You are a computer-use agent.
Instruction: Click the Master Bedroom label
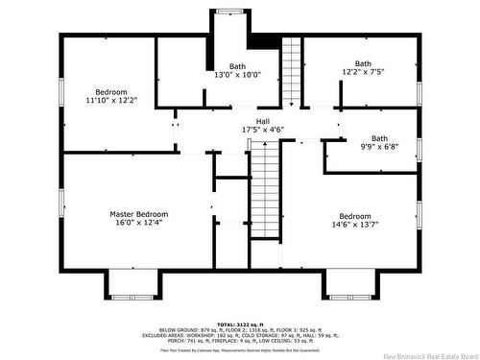(x=138, y=214)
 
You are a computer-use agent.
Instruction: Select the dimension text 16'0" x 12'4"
(x=138, y=223)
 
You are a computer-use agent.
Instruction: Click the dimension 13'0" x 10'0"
(x=237, y=75)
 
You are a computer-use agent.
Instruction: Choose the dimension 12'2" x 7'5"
(x=363, y=71)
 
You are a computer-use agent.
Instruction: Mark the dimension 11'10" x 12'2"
(x=111, y=100)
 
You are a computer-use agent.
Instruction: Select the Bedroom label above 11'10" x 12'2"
(x=111, y=91)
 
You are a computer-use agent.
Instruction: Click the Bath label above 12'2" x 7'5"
(x=363, y=62)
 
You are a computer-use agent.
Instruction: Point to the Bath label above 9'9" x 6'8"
(x=380, y=138)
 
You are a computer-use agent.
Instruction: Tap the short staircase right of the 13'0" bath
(x=292, y=72)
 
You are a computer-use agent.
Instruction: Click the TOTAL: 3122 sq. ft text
(x=240, y=324)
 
